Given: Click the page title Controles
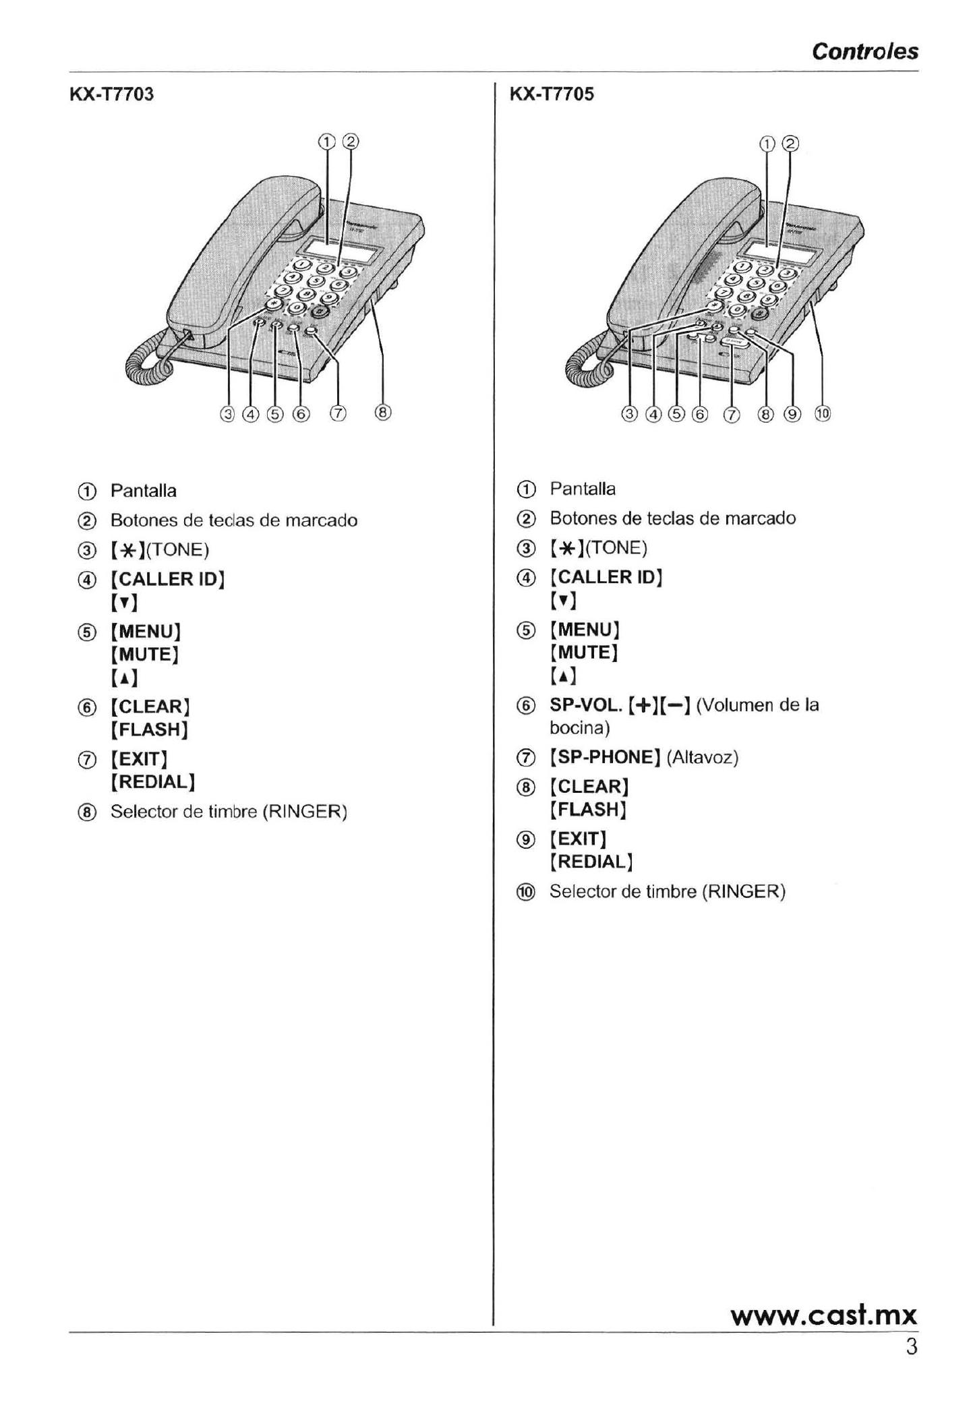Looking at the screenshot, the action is (864, 51).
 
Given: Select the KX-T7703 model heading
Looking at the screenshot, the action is (112, 94).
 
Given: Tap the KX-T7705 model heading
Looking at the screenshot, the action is (552, 94).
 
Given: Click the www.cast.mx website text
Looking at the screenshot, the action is (823, 1315).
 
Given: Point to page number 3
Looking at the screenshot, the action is (911, 1347).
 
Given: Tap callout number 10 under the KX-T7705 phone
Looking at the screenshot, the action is (823, 414).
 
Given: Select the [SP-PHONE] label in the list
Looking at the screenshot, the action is (605, 757).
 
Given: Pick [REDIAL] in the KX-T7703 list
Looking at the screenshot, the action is (153, 782).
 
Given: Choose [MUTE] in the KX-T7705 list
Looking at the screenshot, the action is (585, 653).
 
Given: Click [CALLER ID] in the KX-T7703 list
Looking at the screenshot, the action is (167, 579).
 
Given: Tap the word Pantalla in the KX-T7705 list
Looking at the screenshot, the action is (583, 489).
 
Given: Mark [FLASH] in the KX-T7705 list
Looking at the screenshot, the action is (589, 809).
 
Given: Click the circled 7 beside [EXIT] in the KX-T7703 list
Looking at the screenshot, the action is (86, 760).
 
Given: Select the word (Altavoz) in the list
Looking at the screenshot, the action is (703, 758).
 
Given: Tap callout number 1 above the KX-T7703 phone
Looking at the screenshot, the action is (326, 142).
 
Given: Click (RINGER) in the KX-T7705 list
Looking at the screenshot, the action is (744, 891).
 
